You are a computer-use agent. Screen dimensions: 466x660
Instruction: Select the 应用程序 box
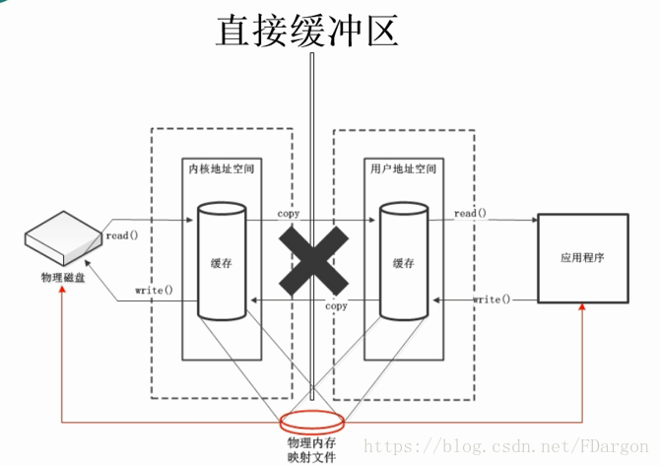click(581, 257)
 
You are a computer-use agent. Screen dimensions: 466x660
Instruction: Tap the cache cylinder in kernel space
click(222, 261)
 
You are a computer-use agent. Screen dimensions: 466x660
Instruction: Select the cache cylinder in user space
click(403, 261)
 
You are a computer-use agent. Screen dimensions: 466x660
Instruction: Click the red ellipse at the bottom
click(313, 422)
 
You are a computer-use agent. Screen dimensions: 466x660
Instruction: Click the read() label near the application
click(470, 213)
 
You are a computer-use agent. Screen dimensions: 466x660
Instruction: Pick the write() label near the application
click(492, 299)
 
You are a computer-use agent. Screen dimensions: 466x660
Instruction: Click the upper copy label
click(289, 213)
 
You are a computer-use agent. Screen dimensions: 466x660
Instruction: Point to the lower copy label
click(336, 306)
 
